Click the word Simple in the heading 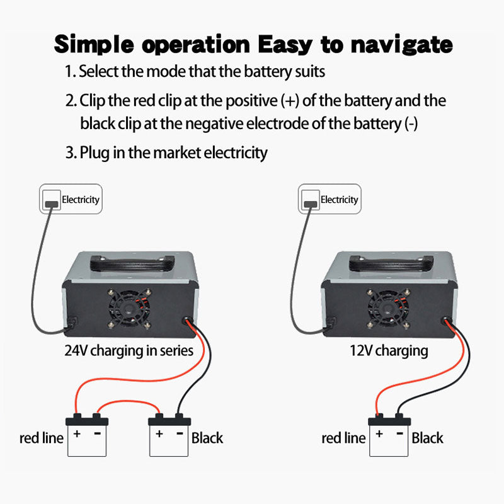(91, 44)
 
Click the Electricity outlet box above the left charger (71, 200)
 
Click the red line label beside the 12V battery (343, 438)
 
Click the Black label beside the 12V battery (428, 438)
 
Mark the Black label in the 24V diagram (207, 438)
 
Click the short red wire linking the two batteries (129, 403)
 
